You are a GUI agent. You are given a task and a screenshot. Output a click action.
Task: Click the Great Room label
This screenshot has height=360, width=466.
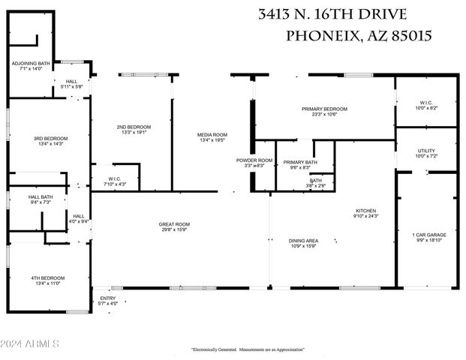coord(173,224)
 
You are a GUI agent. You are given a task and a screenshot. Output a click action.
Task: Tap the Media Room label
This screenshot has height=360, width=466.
coord(213,135)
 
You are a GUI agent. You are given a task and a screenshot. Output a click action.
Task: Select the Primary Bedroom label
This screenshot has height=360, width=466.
coord(319,109)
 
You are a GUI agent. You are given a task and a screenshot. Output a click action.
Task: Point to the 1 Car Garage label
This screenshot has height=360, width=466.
coord(429,235)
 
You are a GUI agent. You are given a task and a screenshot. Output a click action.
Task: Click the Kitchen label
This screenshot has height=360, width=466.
coord(366,211)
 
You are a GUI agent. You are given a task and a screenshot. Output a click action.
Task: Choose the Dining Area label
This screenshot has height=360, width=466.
coord(303,240)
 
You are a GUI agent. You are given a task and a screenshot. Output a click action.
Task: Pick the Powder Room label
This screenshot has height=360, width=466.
coord(254,160)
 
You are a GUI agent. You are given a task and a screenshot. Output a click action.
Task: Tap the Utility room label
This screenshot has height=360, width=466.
coord(425,151)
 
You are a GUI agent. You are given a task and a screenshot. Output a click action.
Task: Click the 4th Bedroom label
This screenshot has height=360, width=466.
coord(45,278)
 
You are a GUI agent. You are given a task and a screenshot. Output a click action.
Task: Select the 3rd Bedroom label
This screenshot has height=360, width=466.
coord(50,139)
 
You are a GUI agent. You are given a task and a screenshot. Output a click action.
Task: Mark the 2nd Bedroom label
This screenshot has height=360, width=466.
coord(134,127)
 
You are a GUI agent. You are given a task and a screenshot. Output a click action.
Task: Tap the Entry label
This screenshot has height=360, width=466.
coord(108,298)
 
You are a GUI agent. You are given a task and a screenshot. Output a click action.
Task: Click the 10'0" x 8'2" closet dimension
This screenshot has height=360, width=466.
coord(425,109)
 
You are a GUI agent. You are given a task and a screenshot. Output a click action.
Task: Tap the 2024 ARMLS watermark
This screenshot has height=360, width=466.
coord(30,343)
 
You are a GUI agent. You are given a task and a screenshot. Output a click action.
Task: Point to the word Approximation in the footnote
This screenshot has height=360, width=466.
coord(290,349)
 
